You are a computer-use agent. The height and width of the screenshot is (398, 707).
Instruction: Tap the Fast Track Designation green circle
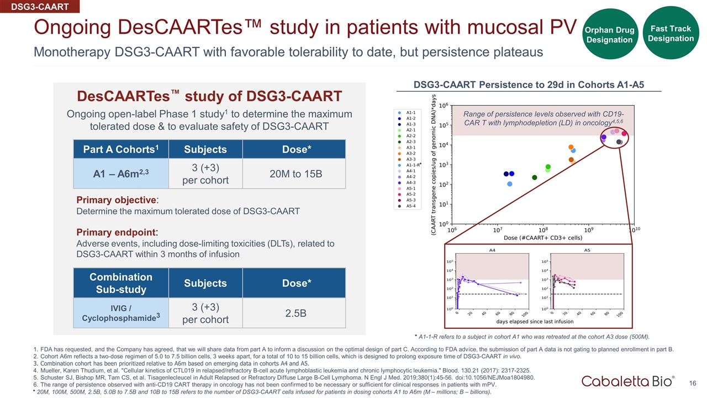tap(671, 33)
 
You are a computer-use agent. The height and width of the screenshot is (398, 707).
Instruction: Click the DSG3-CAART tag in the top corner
tap(39, 7)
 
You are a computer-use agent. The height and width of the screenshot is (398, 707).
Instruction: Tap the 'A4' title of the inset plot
tap(492, 250)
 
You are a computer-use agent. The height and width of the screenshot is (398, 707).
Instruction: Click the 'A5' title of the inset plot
tap(587, 250)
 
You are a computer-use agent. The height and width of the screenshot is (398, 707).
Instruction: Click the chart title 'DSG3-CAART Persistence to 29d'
tap(529, 85)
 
